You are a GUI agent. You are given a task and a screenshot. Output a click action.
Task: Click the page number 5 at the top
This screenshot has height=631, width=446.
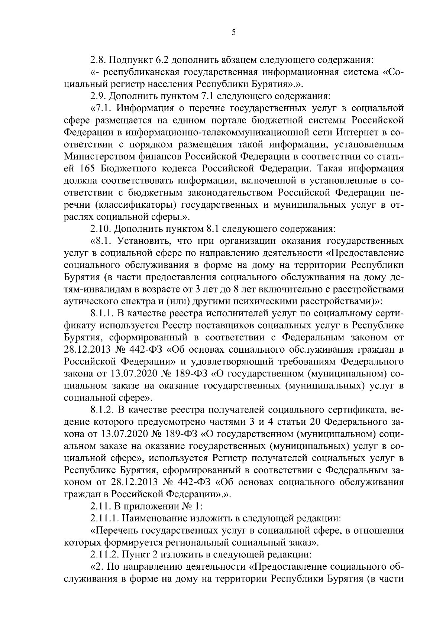tap(233, 32)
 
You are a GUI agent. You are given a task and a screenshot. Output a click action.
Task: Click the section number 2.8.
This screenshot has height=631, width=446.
tap(98, 60)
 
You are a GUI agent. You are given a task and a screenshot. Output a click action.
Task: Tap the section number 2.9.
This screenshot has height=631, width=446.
tap(98, 96)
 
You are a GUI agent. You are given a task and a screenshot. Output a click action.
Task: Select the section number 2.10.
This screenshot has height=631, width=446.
tap(101, 228)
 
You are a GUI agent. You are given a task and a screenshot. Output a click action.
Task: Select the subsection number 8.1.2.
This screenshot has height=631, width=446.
tap(104, 410)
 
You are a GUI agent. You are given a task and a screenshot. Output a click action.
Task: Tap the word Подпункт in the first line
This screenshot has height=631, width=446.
tap(130, 60)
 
